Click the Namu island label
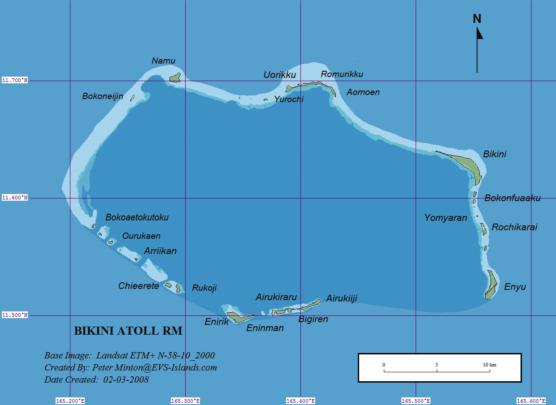tap(163, 61)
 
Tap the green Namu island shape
tap(175, 78)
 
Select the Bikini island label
tap(495, 154)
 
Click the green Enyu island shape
tap(491, 285)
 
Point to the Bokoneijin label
tap(103, 96)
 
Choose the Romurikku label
tap(342, 74)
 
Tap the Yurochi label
tap(289, 99)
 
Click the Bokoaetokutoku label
tap(137, 217)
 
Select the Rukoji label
tap(204, 288)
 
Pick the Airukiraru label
tap(276, 297)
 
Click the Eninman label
tap(265, 328)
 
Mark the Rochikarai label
tap(514, 227)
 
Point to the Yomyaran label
tap(446, 218)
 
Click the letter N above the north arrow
tap(477, 19)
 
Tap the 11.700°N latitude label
tap(15, 81)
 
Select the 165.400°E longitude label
tap(300, 401)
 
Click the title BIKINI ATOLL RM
tap(128, 331)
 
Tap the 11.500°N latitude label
tap(15, 315)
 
